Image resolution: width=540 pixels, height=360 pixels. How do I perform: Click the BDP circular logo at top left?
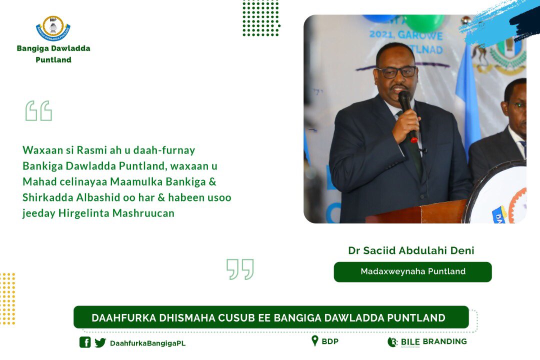(53, 28)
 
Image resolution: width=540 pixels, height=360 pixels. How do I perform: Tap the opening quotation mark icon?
(38, 111)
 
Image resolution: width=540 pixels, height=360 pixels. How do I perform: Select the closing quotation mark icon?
(240, 269)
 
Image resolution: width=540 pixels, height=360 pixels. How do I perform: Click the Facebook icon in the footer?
(85, 342)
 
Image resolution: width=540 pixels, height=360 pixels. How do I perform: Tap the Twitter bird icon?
(100, 342)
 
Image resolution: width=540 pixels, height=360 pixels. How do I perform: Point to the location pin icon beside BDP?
(314, 341)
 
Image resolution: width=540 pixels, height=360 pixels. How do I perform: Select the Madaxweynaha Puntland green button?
(412, 272)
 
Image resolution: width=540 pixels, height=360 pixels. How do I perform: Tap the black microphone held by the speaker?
(406, 107)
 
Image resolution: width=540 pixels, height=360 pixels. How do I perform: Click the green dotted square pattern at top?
(260, 18)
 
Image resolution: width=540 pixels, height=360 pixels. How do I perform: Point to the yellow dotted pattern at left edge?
(7, 298)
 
